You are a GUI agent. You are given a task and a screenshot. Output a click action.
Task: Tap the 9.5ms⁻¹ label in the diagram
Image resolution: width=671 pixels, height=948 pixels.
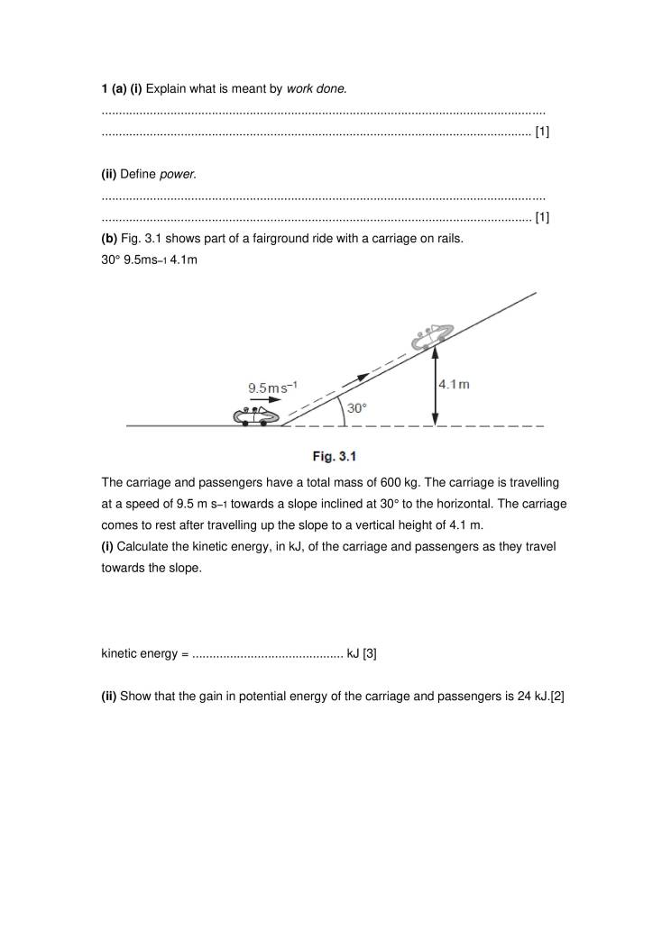coord(273,387)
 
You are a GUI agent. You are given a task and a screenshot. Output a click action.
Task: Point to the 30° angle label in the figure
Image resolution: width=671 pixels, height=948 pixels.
coord(357,407)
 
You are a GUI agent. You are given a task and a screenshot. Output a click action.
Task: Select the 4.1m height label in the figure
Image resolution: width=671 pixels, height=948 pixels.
coord(454,384)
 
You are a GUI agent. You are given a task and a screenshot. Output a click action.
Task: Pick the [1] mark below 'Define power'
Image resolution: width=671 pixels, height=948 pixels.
coord(542,217)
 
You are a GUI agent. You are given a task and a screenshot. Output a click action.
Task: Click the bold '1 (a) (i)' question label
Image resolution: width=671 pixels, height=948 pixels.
coord(121,88)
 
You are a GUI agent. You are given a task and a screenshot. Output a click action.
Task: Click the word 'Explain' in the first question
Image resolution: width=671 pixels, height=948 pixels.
coord(164,88)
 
